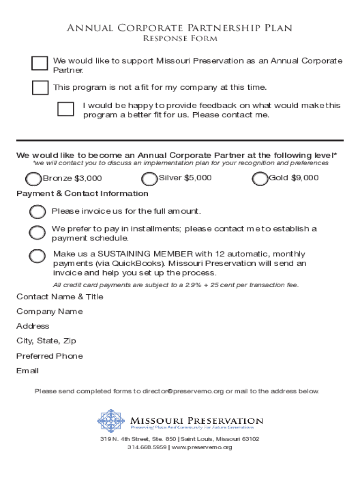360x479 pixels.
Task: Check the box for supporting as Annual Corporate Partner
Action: click(40, 63)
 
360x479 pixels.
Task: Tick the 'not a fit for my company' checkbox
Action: click(40, 87)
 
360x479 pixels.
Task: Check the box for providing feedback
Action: click(65, 109)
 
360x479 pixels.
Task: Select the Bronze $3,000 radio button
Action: click(33, 179)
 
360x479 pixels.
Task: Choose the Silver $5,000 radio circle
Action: click(149, 179)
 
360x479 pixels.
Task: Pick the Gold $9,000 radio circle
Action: click(259, 179)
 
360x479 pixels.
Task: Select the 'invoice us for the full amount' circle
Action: click(37, 212)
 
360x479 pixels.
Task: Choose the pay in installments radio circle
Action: click(37, 232)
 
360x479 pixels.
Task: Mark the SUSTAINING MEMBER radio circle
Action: click(37, 256)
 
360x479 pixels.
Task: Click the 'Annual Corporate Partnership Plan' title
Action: click(180, 28)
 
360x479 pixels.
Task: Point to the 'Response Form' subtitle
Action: click(180, 39)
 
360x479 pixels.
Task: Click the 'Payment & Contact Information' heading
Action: click(82, 194)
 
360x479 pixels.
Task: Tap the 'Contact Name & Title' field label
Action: click(60, 297)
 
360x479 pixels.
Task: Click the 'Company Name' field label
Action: click(50, 312)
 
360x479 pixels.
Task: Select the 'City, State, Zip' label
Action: click(46, 341)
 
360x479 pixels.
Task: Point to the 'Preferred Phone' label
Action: click(50, 356)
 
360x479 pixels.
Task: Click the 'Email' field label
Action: click(28, 371)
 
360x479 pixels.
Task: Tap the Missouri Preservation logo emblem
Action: click(111, 421)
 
